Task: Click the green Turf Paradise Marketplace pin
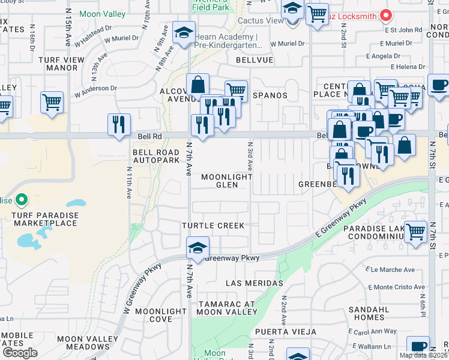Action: (21, 199)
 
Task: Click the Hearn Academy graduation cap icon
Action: (183, 32)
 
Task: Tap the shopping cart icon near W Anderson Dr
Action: (52, 102)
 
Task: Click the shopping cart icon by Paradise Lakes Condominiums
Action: (415, 232)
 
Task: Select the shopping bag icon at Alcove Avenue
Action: (197, 85)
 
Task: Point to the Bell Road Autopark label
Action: (156, 157)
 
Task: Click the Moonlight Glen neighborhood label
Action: (226, 181)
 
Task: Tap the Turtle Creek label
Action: (214, 226)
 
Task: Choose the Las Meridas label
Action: (254, 283)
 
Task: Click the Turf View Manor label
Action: (58, 64)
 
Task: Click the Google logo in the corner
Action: (20, 352)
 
